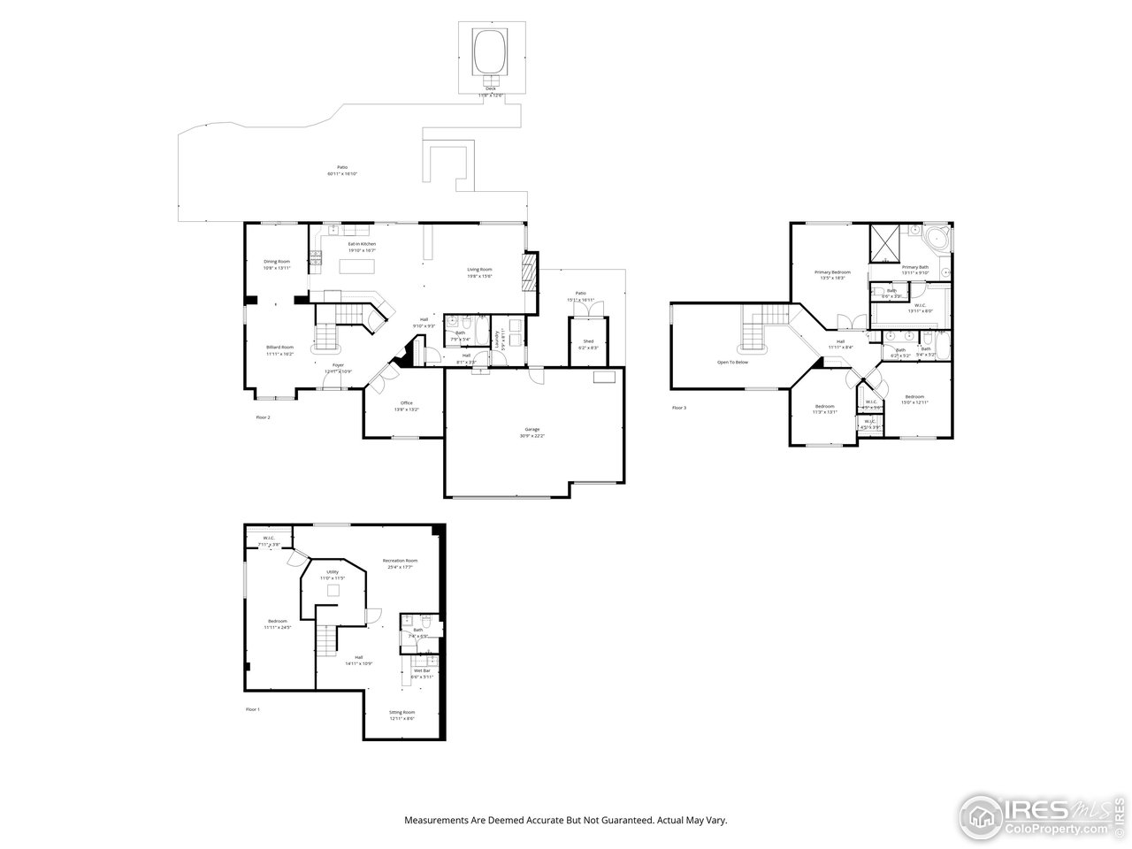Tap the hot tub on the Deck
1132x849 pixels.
point(492,52)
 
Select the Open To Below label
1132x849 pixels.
point(732,362)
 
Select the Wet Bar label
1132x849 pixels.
point(422,672)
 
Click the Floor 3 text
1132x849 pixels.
point(679,408)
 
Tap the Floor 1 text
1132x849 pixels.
point(253,709)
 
